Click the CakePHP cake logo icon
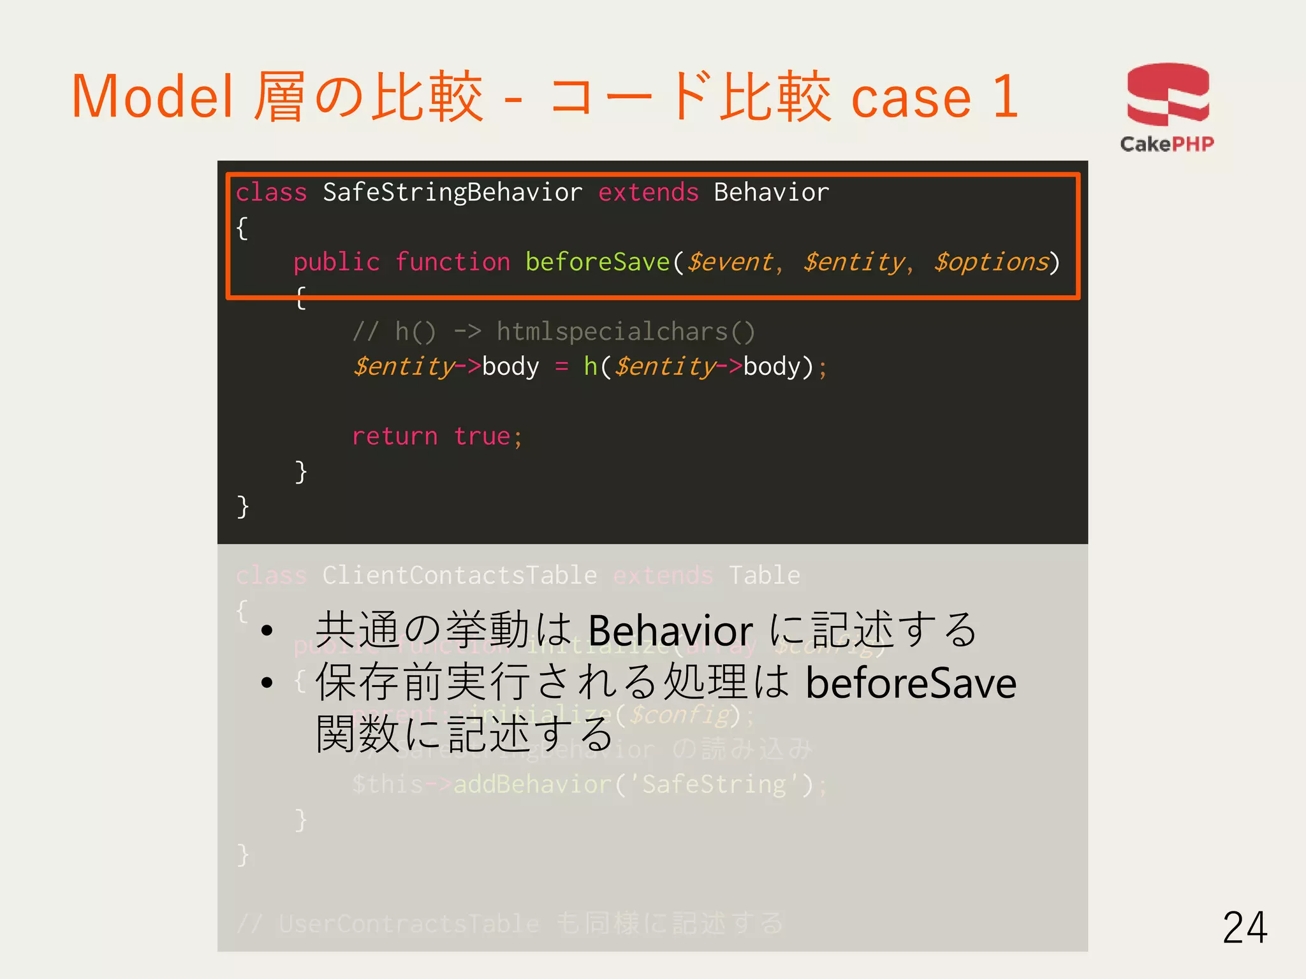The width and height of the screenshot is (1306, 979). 1168,94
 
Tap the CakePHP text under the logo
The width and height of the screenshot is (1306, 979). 1167,144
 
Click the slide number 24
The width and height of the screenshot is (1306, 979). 1244,927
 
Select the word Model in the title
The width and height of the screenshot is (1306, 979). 152,97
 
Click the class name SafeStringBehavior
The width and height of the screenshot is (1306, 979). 452,192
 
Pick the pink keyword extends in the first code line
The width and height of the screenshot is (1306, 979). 648,192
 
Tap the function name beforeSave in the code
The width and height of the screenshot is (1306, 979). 598,262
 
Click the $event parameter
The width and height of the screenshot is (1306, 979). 730,262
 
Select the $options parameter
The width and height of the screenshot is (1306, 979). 991,262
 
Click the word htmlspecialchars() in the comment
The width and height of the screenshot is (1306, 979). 626,331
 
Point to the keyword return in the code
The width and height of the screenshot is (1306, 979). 395,437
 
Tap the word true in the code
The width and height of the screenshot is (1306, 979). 482,437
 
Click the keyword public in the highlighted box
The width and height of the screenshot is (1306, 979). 336,262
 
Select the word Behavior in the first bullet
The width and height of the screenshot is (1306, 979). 670,630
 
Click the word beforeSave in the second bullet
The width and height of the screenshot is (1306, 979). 911,683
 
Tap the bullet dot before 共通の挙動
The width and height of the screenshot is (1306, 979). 267,631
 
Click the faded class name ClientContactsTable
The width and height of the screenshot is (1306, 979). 459,576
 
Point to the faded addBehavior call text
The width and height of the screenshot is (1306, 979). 532,785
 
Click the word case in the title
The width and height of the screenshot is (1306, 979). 911,97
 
